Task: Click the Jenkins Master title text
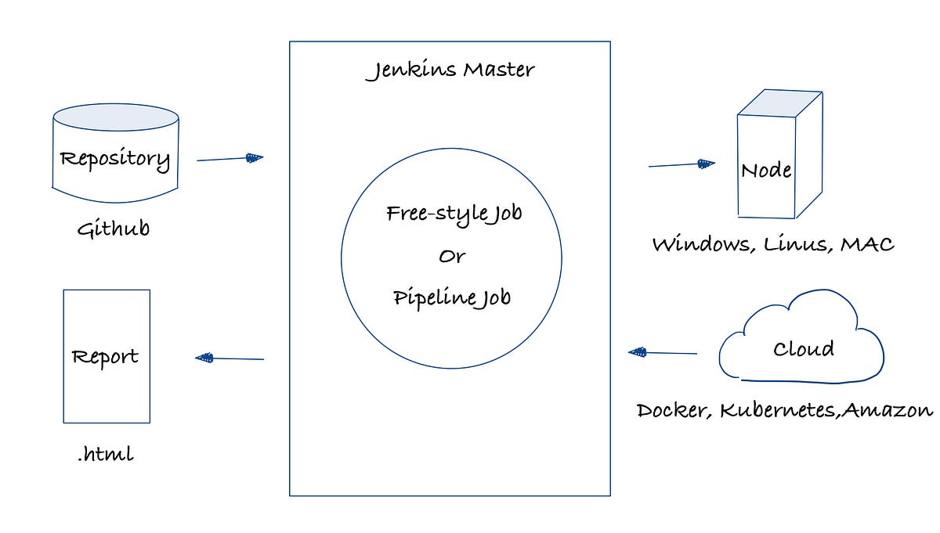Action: click(x=450, y=70)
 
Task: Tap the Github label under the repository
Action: click(x=114, y=230)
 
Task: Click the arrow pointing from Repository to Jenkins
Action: click(x=230, y=159)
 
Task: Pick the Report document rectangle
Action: click(x=106, y=356)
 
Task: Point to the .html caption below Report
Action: click(x=105, y=455)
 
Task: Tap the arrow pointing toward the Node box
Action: click(x=681, y=164)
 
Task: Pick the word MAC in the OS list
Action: click(x=867, y=244)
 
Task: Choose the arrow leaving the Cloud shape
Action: click(x=663, y=353)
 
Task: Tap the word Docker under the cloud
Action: click(x=673, y=410)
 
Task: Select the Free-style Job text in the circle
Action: click(x=454, y=214)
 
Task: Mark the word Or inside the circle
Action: click(x=451, y=257)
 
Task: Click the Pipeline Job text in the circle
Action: click(x=452, y=298)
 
